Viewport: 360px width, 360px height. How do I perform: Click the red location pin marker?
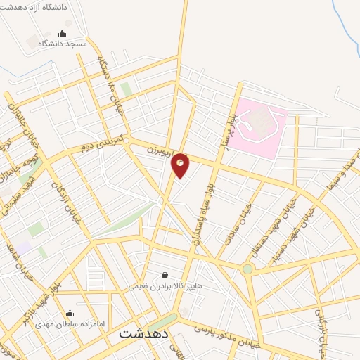[180, 165]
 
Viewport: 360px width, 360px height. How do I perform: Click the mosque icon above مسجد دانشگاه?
[62, 33]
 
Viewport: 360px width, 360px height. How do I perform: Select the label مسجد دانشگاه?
[62, 44]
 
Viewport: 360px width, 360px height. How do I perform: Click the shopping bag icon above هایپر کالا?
[165, 276]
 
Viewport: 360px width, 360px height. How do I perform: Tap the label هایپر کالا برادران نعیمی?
[165, 286]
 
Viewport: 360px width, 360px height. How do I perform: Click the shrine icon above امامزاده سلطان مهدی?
[69, 314]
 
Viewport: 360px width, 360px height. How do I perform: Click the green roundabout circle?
[247, 269]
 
